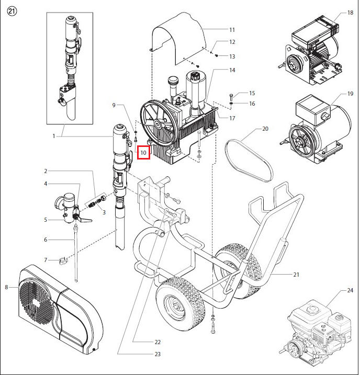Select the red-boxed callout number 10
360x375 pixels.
(143, 152)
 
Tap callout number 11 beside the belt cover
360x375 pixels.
(232, 29)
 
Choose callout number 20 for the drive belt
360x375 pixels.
(265, 129)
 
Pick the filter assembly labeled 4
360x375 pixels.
(68, 207)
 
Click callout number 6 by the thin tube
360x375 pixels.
(46, 240)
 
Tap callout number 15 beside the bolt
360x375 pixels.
(252, 93)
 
